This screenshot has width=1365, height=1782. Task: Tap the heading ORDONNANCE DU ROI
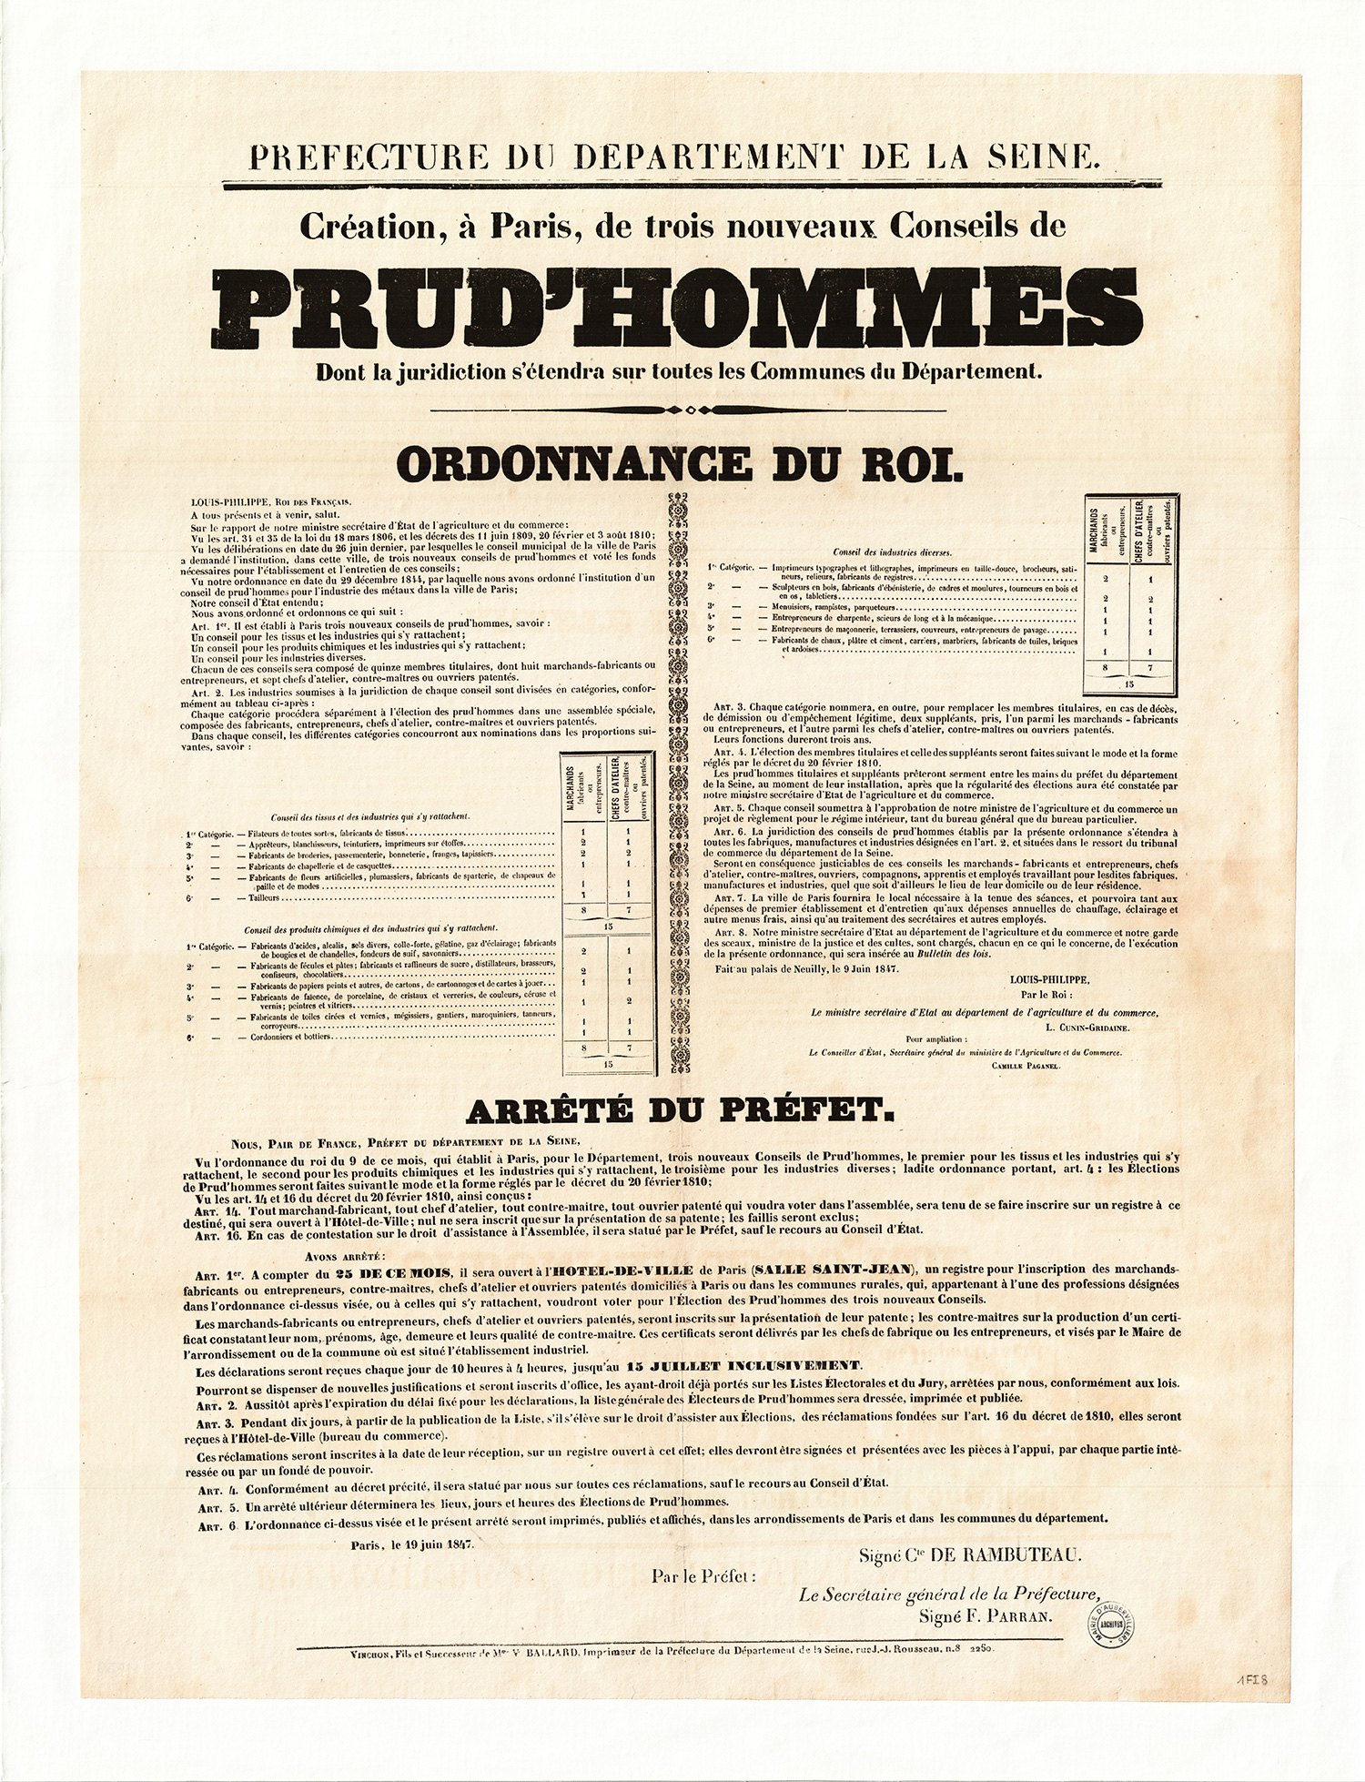pyautogui.click(x=679, y=463)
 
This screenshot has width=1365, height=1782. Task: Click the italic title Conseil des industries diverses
pyautogui.click(x=892, y=552)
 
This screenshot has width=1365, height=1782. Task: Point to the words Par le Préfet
pyautogui.click(x=703, y=1574)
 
